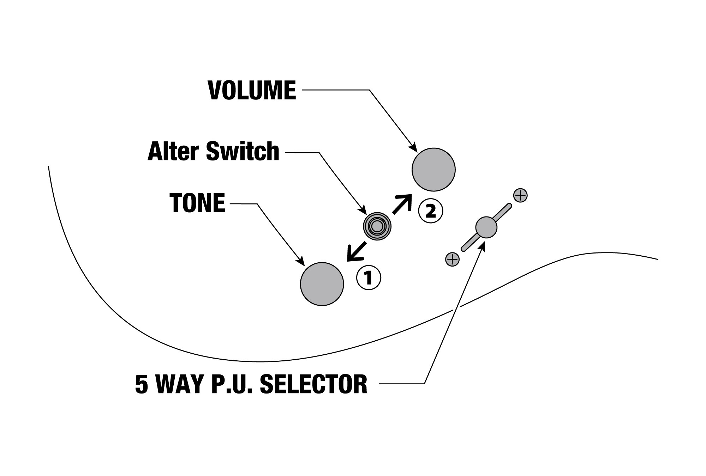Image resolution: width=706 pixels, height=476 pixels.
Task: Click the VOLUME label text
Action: point(252,91)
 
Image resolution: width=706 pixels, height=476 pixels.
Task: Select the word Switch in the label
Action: point(243,152)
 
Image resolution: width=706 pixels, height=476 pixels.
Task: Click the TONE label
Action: point(197,203)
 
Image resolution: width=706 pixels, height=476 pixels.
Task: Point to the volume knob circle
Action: point(433,170)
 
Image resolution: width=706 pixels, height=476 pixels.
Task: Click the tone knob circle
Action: point(322,284)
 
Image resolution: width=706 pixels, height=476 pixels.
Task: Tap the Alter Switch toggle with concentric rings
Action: point(377,226)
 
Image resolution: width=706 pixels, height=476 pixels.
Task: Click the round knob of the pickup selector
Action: point(486,227)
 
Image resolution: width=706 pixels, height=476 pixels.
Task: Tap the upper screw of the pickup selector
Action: point(521,195)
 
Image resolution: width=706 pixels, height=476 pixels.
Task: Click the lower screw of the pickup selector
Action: point(452,260)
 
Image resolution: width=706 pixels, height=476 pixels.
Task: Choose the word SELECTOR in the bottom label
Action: point(313,384)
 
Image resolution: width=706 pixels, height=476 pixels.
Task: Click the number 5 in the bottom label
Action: point(141,384)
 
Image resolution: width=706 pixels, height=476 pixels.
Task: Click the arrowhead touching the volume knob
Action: point(413,148)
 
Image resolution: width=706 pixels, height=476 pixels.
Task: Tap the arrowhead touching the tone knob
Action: point(302,262)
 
